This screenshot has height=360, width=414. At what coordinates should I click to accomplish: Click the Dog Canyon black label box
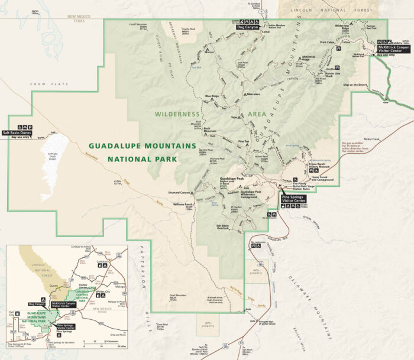pos(248,27)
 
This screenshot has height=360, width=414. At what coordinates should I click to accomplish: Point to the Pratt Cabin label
pos(327,43)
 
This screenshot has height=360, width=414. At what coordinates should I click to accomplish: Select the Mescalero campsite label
pos(253,94)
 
